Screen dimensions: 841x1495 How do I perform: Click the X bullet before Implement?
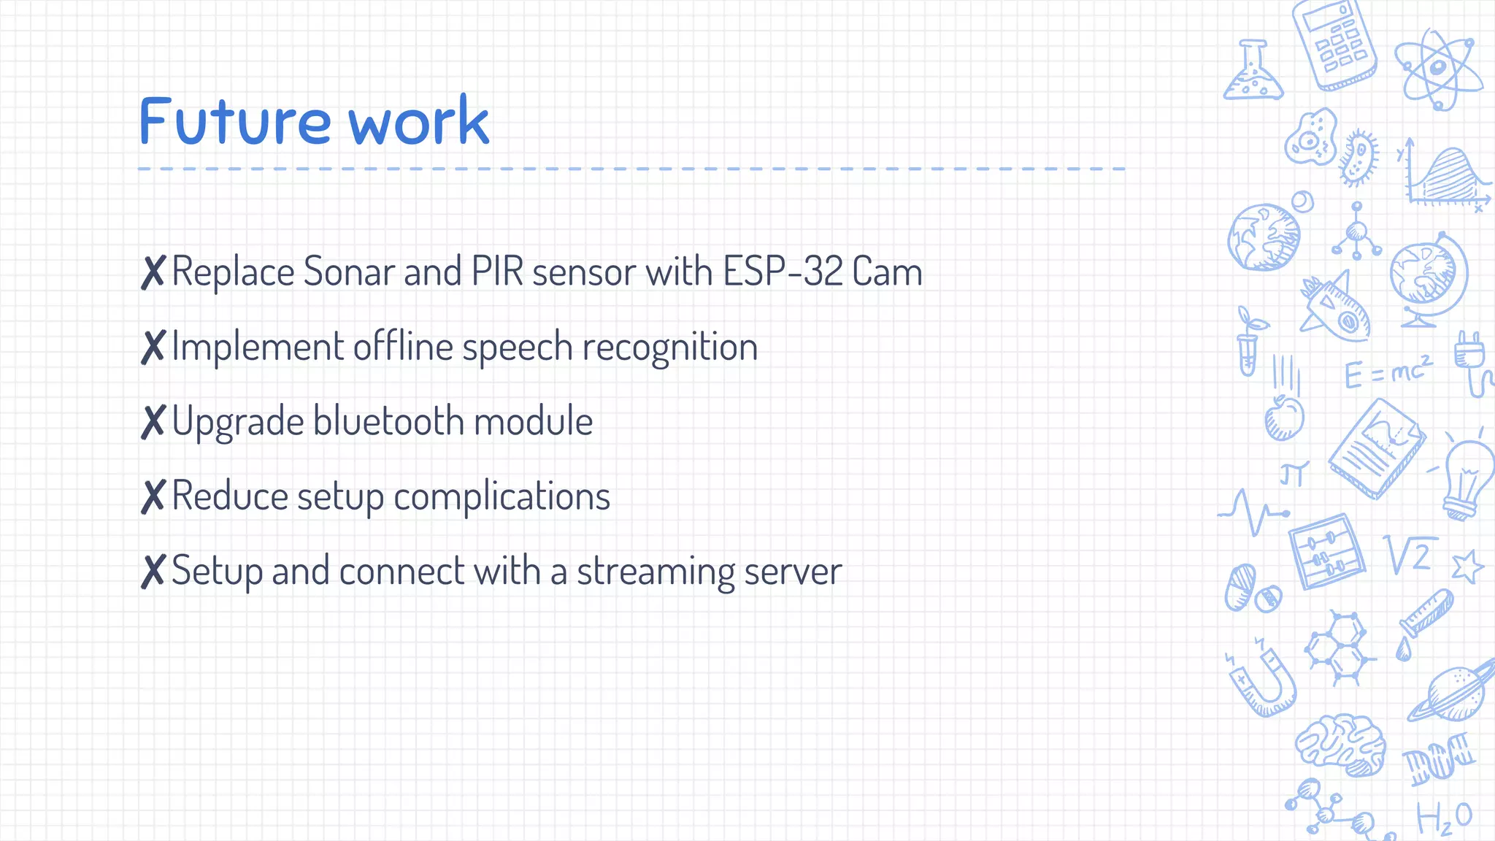tap(153, 347)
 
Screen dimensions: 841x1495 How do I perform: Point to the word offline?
tap(403, 347)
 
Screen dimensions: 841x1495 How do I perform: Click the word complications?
tap(501, 497)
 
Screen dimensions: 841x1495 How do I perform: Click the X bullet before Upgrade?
tap(153, 423)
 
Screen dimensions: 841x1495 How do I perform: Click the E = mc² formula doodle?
tap(1387, 372)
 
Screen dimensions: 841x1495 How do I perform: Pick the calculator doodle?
tap(1334, 45)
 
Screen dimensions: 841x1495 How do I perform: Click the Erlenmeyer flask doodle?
tap(1253, 73)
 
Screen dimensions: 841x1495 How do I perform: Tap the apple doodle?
tap(1284, 418)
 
